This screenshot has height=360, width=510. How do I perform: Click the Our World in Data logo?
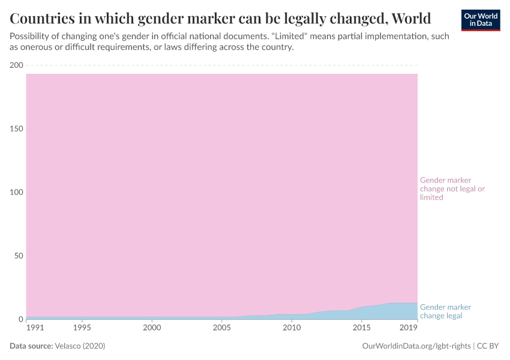pyautogui.click(x=481, y=20)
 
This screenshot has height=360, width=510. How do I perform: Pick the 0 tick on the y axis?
pyautogui.click(x=20, y=320)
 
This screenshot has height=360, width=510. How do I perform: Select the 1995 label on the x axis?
pyautogui.click(x=82, y=328)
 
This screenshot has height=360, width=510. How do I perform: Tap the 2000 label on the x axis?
pyautogui.click(x=152, y=328)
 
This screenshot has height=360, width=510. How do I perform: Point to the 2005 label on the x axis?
pyautogui.click(x=222, y=328)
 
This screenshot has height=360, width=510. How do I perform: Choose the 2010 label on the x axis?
pyautogui.click(x=292, y=328)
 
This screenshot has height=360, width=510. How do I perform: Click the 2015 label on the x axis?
pyautogui.click(x=362, y=328)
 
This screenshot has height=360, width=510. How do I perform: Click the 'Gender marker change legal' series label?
pyautogui.click(x=446, y=311)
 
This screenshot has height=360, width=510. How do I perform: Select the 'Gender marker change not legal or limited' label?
pyautogui.click(x=452, y=188)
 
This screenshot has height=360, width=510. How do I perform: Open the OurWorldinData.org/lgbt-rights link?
pyautogui.click(x=417, y=346)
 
